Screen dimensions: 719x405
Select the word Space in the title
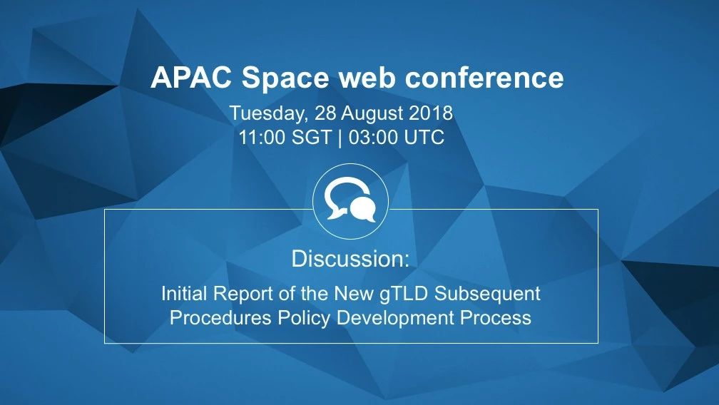tap(285, 78)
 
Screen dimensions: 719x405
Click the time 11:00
tap(262, 138)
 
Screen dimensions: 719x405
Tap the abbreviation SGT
tap(311, 138)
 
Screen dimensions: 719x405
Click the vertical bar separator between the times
tap(340, 138)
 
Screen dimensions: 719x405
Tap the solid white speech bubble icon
tap(363, 210)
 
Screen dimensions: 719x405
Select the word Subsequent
tap(487, 294)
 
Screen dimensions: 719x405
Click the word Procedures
tap(220, 317)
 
